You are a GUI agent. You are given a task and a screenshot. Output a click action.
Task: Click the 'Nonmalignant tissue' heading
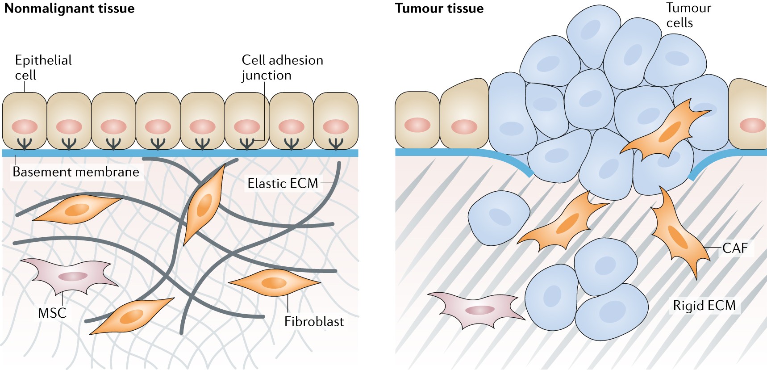[69, 8]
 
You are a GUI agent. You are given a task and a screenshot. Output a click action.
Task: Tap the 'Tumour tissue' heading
[439, 8]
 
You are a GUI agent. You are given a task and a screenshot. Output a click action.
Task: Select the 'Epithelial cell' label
[43, 67]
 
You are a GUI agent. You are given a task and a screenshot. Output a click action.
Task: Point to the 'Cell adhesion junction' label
[282, 67]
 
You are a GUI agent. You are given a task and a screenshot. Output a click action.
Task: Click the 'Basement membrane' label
[76, 172]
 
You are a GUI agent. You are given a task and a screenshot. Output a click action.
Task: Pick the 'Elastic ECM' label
[283, 183]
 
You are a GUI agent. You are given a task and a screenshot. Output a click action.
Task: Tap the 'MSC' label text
[52, 313]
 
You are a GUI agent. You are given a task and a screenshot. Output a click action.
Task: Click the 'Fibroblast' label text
[314, 321]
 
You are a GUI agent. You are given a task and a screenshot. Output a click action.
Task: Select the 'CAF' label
[735, 248]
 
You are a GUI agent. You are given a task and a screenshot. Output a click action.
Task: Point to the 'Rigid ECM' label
[704, 306]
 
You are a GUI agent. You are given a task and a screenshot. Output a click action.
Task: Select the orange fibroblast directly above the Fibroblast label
[274, 282]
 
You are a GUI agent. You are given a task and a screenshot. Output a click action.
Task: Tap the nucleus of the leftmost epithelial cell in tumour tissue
[417, 125]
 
